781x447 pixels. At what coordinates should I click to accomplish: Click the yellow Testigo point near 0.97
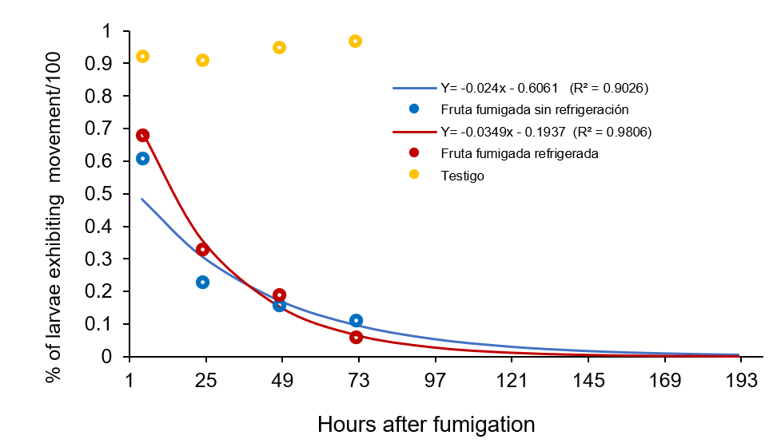[356, 41]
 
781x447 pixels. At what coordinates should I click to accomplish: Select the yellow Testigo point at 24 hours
[203, 60]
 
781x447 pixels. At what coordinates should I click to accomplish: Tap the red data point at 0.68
[142, 135]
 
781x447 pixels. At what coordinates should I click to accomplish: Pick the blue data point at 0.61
[142, 158]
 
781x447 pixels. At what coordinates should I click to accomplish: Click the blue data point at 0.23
[203, 282]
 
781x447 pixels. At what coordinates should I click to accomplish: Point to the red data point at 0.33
[203, 250]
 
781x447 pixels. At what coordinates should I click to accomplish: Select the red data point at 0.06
[356, 337]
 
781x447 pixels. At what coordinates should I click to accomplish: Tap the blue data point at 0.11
[356, 320]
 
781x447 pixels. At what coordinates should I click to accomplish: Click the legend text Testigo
[462, 175]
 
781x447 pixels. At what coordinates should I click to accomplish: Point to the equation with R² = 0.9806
[546, 131]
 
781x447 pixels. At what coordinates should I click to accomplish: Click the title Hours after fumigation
[426, 423]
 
